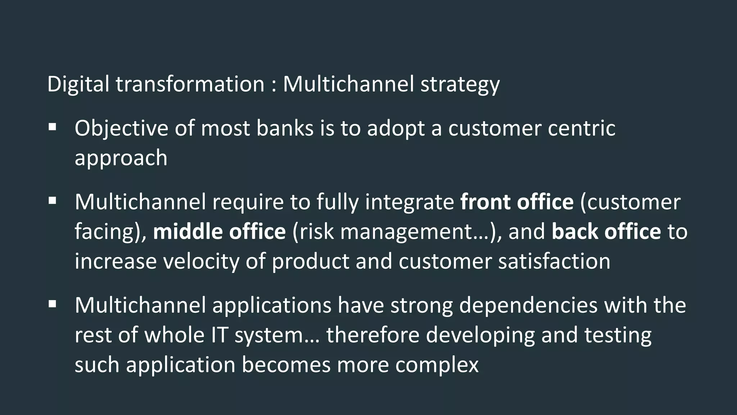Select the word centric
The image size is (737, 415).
(581, 128)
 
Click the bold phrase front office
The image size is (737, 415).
(517, 202)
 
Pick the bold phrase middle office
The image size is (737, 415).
(219, 231)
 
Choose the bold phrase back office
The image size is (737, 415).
(606, 231)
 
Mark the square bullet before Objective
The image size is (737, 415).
(53, 127)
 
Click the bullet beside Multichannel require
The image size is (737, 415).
(53, 200)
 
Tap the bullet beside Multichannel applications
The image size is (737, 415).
(53, 304)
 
